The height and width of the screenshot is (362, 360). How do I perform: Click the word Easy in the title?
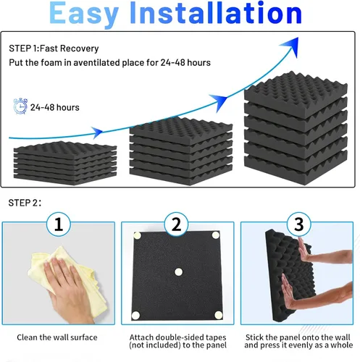pos(84,14)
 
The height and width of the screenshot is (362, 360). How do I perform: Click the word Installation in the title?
pos(216,12)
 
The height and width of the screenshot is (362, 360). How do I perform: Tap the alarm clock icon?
pos(20,106)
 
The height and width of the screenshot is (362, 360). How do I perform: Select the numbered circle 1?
pos(59,224)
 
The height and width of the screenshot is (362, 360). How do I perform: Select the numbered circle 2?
pos(176,224)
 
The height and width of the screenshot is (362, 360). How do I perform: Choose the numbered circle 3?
pos(299,224)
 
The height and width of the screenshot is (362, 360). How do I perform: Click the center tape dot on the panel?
pos(178,272)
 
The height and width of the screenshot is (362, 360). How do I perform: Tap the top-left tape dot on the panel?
pos(138,235)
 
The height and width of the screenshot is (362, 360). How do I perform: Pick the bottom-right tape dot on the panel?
pos(219,314)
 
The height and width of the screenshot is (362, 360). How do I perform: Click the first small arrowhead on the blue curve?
pos(97,132)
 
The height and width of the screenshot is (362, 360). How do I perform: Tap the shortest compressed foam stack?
pos(65,164)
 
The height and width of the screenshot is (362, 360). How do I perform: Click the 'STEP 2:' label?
pos(25,203)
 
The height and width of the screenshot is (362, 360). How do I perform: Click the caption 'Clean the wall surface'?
pos(57,337)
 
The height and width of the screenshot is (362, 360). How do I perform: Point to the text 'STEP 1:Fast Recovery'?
pos(54,49)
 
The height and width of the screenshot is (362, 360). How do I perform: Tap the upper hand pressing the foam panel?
pos(324,253)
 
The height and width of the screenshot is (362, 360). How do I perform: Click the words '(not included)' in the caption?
pos(155,345)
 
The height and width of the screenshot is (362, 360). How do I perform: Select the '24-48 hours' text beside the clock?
pos(55,107)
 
